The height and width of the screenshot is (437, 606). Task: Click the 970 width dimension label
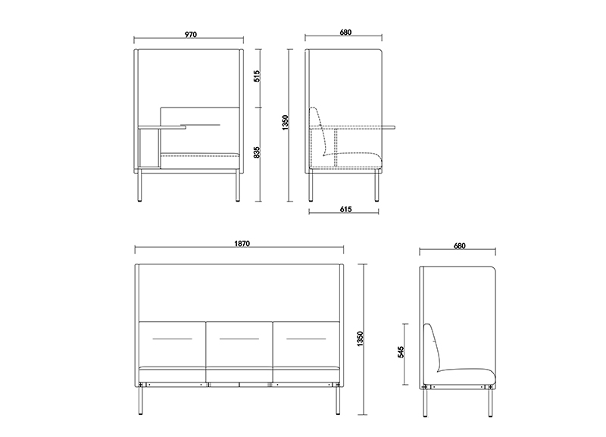(x=191, y=34)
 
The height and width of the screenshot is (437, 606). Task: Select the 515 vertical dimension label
(x=257, y=76)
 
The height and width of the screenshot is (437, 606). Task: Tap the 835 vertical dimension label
(x=257, y=152)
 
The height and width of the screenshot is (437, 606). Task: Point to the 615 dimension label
(x=346, y=209)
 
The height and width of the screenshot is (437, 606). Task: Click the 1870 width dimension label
(x=242, y=243)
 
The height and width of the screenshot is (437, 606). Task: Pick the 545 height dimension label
(x=401, y=352)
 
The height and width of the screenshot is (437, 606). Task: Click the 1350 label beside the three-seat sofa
(x=361, y=339)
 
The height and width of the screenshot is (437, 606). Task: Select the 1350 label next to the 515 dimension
(x=286, y=123)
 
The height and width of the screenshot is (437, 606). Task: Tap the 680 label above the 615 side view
(x=345, y=32)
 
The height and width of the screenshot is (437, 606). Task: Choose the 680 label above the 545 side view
(x=460, y=245)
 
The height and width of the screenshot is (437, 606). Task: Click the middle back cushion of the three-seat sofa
(x=239, y=345)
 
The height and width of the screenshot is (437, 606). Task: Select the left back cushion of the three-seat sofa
(x=172, y=345)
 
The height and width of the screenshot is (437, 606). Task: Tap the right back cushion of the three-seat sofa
(x=307, y=345)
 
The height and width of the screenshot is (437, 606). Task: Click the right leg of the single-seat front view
(x=238, y=186)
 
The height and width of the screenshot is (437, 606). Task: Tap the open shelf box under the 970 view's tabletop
(x=148, y=148)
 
